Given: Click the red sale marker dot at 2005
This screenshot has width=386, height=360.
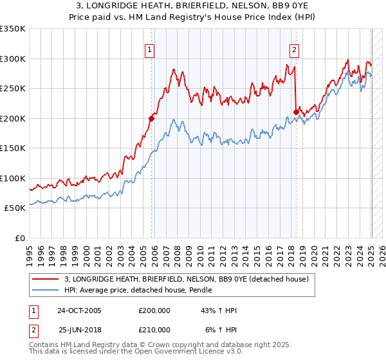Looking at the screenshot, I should point(152,118).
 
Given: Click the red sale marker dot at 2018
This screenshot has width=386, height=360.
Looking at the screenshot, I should point(296,112).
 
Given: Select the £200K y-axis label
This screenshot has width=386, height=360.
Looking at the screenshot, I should point(13,118).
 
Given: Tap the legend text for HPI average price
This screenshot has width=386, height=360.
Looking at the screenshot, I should point(138,290).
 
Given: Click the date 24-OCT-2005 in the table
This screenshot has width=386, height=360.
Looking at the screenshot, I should point(80,310).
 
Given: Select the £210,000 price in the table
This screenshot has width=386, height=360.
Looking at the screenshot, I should point(154,330).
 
